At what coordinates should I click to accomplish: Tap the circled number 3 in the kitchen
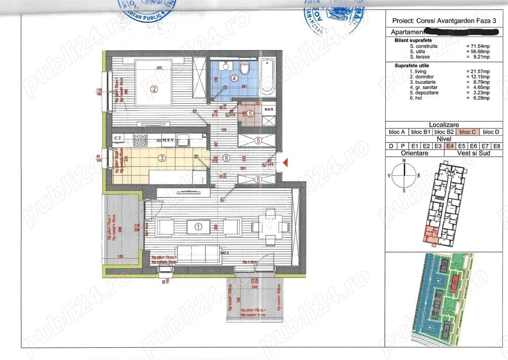(x=162, y=158)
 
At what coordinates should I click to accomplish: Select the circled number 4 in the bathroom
(x=234, y=79)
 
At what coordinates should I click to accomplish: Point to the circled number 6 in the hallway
(x=227, y=158)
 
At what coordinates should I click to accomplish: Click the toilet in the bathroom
(x=245, y=69)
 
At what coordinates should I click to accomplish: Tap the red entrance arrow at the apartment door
(x=285, y=163)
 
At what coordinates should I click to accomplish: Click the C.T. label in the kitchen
(x=118, y=138)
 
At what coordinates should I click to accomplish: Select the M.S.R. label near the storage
(x=269, y=110)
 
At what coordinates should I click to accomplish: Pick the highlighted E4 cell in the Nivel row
(x=450, y=146)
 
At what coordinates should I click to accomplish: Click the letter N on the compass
(x=404, y=161)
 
